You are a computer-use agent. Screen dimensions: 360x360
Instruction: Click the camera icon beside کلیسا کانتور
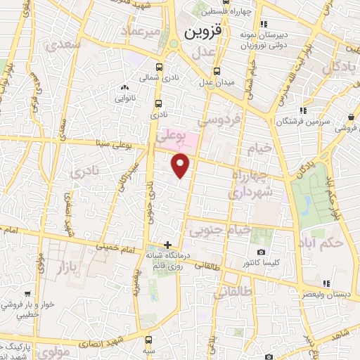pyautogui.click(x=262, y=252)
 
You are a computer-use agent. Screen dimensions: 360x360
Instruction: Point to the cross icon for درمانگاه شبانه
pyautogui.click(x=167, y=244)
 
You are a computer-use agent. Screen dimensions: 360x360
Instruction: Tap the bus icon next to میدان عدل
pyautogui.click(x=217, y=70)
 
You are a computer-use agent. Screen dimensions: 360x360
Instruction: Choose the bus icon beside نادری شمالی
pyautogui.click(x=160, y=67)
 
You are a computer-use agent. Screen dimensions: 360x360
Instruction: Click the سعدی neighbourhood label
pyautogui.click(x=63, y=44)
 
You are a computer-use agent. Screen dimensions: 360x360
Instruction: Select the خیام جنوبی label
pyautogui.click(x=215, y=229)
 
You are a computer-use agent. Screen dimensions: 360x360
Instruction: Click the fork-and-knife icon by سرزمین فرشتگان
pyautogui.click(x=303, y=110)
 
